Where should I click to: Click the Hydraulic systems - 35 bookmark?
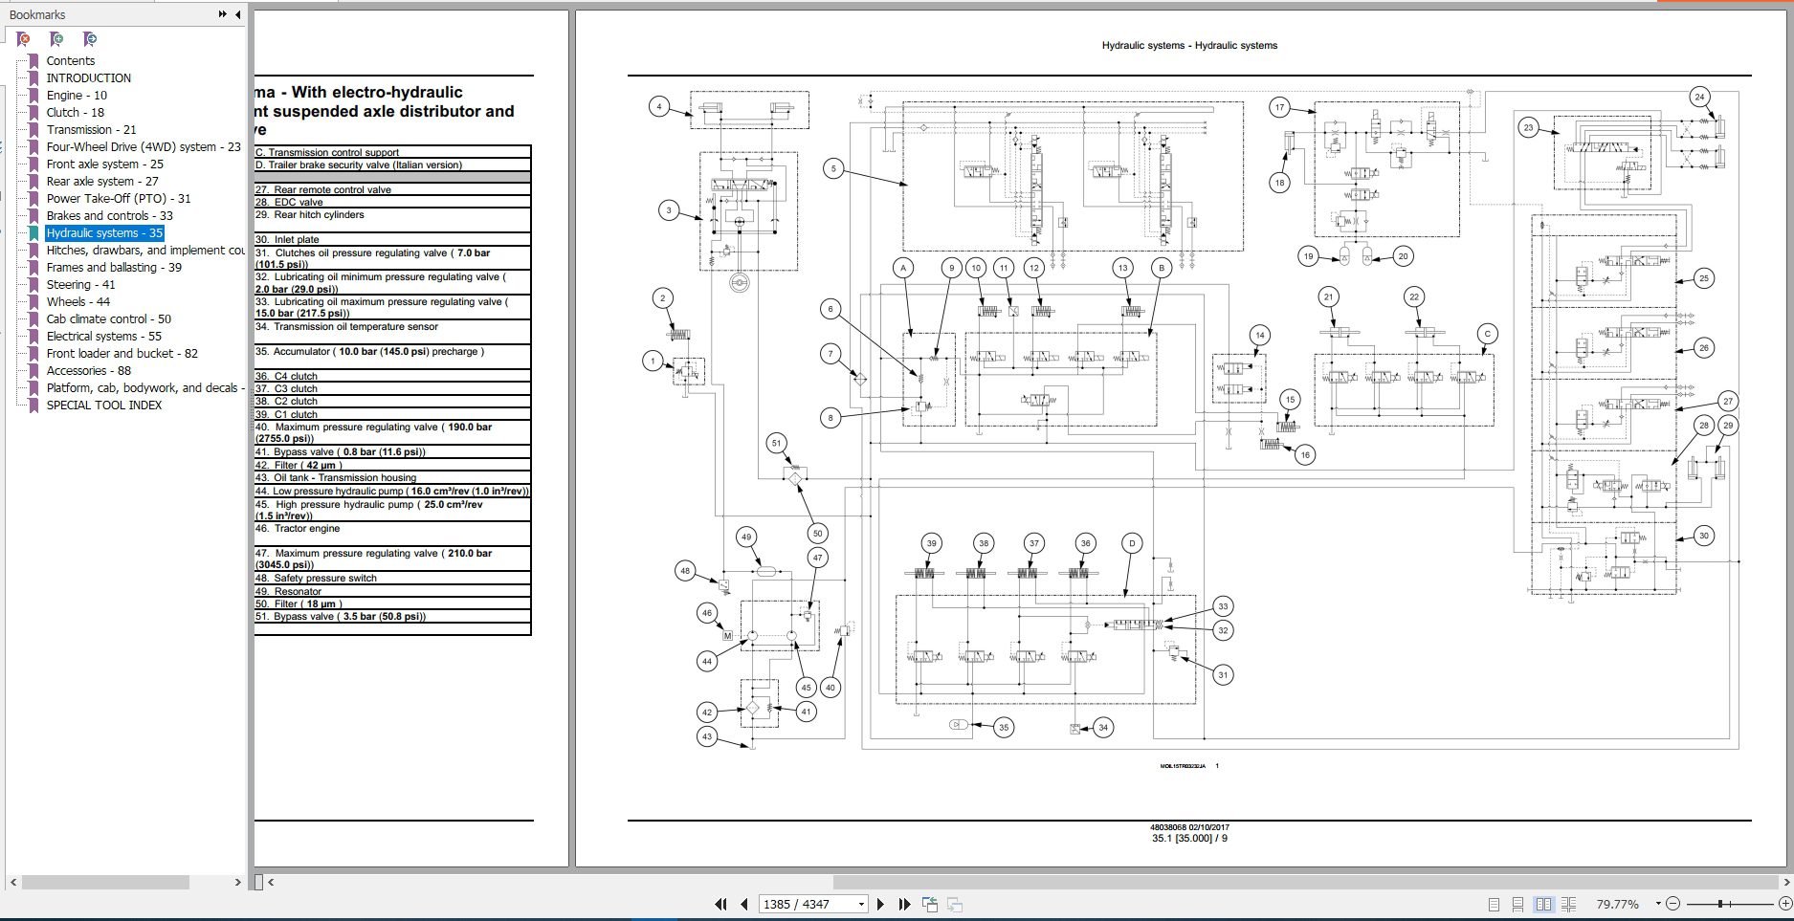[x=104, y=233]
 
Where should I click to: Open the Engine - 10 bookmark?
[x=77, y=96]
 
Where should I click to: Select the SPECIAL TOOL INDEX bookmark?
[x=103, y=406]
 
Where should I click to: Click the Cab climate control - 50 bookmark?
[x=108, y=319]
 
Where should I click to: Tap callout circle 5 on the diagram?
[x=833, y=168]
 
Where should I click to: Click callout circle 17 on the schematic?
[x=1279, y=107]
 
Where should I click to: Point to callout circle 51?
[x=777, y=443]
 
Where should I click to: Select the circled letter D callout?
[x=1132, y=543]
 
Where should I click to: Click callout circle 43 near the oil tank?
[x=707, y=736]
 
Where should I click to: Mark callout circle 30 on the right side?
[x=1703, y=536]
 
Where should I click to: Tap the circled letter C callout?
[x=1487, y=334]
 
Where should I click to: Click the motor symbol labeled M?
[x=727, y=636]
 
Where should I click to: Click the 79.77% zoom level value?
[x=1617, y=904]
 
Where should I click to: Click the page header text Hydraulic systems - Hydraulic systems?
[x=1189, y=46]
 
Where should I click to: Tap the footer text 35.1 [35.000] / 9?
[x=1189, y=839]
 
